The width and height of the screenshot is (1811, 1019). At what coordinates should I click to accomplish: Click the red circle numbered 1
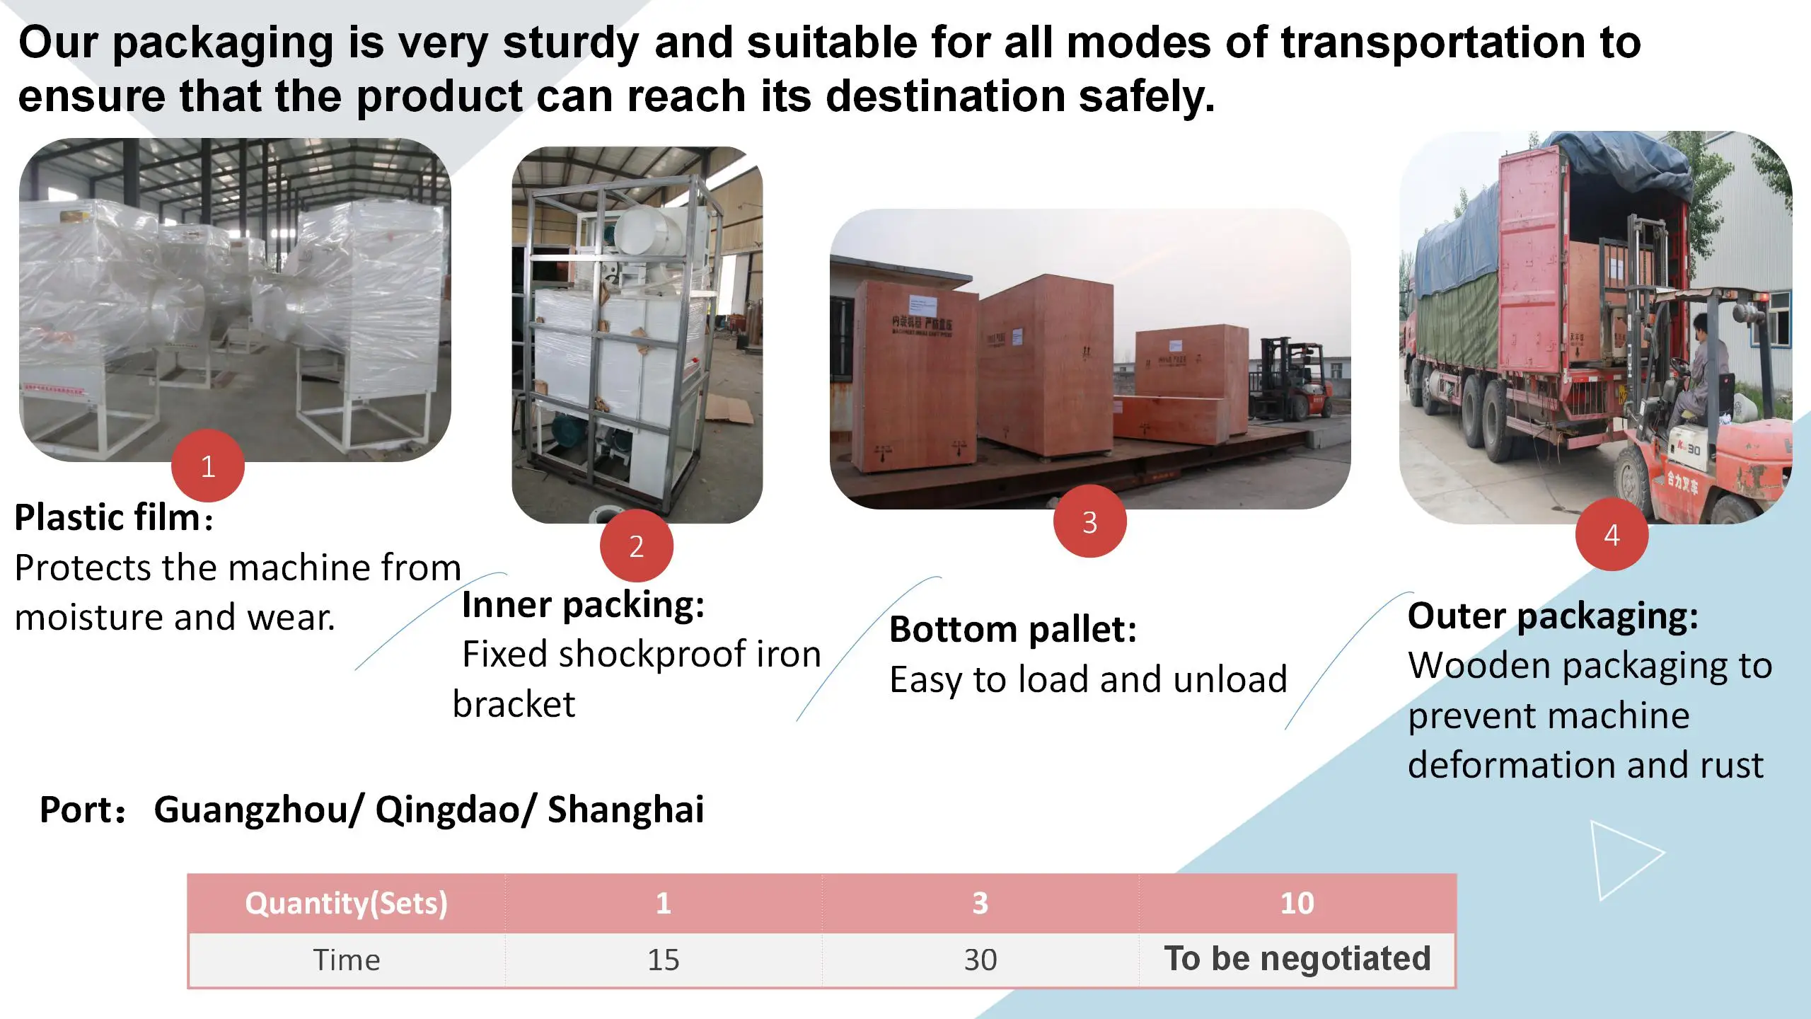pos(207,466)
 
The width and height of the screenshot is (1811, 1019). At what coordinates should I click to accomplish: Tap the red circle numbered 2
pos(636,546)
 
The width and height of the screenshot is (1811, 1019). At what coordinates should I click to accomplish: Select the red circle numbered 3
pos(1089,522)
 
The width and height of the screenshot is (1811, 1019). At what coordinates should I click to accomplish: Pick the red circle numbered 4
pos(1612,534)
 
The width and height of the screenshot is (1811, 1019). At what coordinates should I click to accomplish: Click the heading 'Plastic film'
pos(108,517)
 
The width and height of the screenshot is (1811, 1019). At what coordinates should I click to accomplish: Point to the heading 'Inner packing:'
pos(583,605)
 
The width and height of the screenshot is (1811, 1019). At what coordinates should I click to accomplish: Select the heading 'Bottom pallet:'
pos(1012,629)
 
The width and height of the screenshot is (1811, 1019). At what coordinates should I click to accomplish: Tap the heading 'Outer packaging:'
pos(1552,616)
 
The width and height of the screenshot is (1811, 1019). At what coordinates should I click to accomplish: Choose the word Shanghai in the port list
pos(625,810)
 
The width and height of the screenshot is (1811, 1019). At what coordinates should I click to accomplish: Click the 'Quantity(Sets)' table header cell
pos(346,904)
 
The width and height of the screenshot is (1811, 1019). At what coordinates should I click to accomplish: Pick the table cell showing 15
pos(663,960)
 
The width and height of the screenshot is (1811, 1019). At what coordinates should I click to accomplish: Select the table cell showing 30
pos(980,960)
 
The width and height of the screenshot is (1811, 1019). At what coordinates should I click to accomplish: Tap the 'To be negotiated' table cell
pos(1297,959)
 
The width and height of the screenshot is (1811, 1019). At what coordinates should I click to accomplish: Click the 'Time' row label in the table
pos(346,960)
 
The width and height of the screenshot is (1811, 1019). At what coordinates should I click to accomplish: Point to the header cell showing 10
pos(1297,904)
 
